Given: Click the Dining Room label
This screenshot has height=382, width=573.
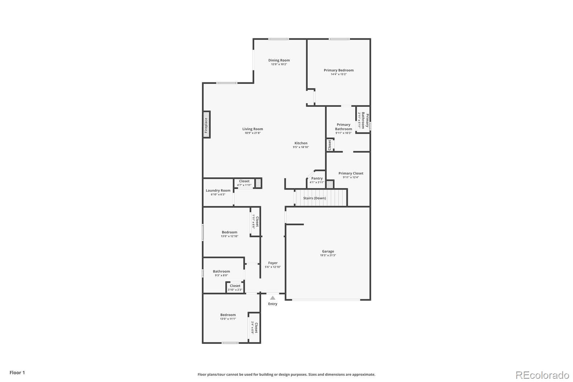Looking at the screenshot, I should pyautogui.click(x=279, y=61).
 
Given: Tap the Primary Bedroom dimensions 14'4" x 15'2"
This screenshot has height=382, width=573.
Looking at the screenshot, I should pyautogui.click(x=338, y=74).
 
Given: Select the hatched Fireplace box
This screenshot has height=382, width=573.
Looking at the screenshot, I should pyautogui.click(x=206, y=124).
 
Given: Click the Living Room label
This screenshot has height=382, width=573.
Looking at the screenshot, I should pyautogui.click(x=252, y=129).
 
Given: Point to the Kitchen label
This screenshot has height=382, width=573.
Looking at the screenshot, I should pyautogui.click(x=301, y=143).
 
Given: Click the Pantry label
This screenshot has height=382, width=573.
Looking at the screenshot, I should pyautogui.click(x=317, y=178).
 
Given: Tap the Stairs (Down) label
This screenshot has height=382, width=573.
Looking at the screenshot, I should pyautogui.click(x=314, y=198).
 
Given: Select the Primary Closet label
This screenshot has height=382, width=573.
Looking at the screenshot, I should pyautogui.click(x=351, y=173).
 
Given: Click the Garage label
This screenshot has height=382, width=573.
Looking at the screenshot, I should pyautogui.click(x=328, y=252).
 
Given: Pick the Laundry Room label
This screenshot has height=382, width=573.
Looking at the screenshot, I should pyautogui.click(x=218, y=191).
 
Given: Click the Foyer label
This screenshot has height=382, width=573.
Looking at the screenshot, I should pyautogui.click(x=273, y=263).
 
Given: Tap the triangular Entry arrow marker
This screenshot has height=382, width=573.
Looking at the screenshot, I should pyautogui.click(x=273, y=298).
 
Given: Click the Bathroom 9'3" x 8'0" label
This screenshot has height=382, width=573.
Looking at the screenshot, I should pyautogui.click(x=221, y=272).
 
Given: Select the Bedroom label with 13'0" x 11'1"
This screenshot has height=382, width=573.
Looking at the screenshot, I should pyautogui.click(x=228, y=315).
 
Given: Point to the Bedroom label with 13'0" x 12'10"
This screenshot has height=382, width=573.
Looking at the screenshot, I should pyautogui.click(x=229, y=232).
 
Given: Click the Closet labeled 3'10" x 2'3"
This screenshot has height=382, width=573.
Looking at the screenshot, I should pyautogui.click(x=235, y=286).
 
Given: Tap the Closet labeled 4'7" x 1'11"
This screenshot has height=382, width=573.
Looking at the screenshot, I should pyautogui.click(x=244, y=181).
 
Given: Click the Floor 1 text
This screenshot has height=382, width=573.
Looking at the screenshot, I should pyautogui.click(x=17, y=373).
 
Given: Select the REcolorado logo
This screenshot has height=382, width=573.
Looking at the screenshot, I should pyautogui.click(x=542, y=375).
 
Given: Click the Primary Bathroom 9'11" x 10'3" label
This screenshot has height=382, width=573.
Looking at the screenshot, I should pyautogui.click(x=343, y=127).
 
